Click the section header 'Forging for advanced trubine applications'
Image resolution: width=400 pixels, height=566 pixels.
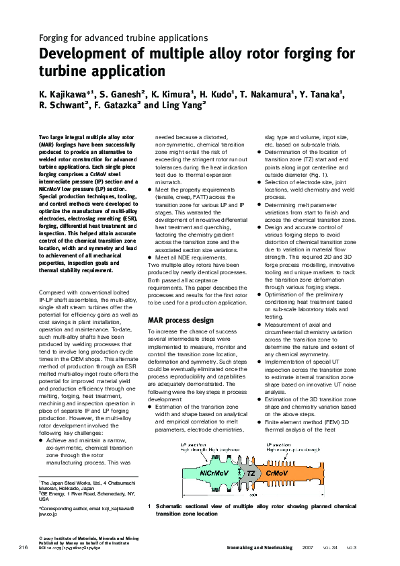pos(124,38)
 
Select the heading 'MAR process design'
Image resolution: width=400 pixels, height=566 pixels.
pos(181,320)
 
